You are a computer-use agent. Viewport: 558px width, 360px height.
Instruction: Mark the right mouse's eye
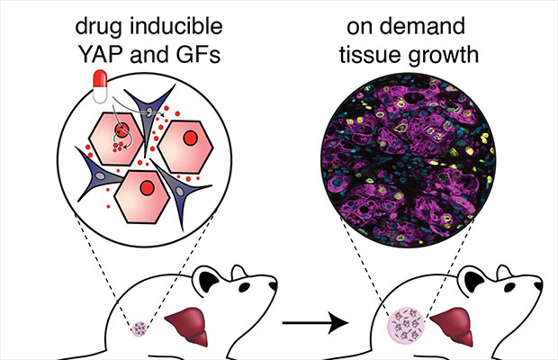click(496, 289)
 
